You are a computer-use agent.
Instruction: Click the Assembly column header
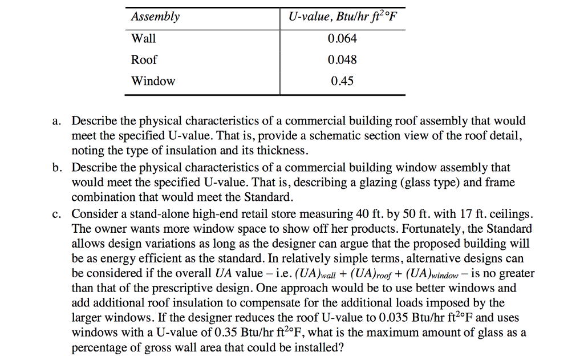click(x=155, y=17)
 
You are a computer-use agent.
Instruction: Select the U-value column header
click(x=342, y=17)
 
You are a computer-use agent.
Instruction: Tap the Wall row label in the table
click(x=143, y=38)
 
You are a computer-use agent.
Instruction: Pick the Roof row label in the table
click(x=144, y=59)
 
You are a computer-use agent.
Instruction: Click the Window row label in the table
click(x=153, y=81)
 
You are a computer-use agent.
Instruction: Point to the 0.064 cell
click(x=342, y=38)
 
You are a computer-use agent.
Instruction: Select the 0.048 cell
click(x=342, y=59)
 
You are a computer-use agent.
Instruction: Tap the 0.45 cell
click(x=342, y=81)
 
